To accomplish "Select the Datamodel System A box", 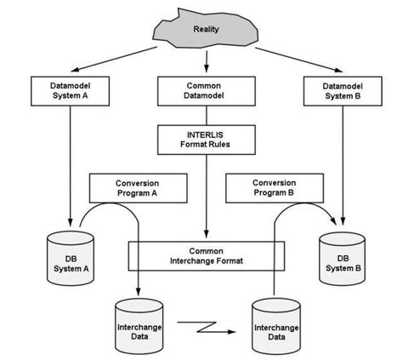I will (68, 91).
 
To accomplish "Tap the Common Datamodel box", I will (205, 91).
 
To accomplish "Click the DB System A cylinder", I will (67, 255).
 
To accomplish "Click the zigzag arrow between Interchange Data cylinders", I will (207, 324).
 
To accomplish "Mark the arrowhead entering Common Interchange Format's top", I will (205, 237).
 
